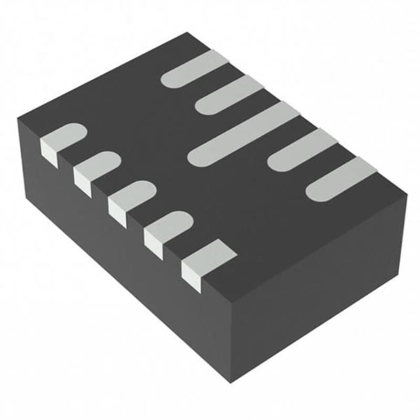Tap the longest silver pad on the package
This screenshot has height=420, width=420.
tap(244, 134)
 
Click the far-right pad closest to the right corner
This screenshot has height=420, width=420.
tap(341, 179)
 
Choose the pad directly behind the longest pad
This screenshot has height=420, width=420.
tap(229, 94)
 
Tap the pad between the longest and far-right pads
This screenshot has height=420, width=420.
tap(302, 150)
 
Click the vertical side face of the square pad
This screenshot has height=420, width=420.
tap(192, 276)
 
